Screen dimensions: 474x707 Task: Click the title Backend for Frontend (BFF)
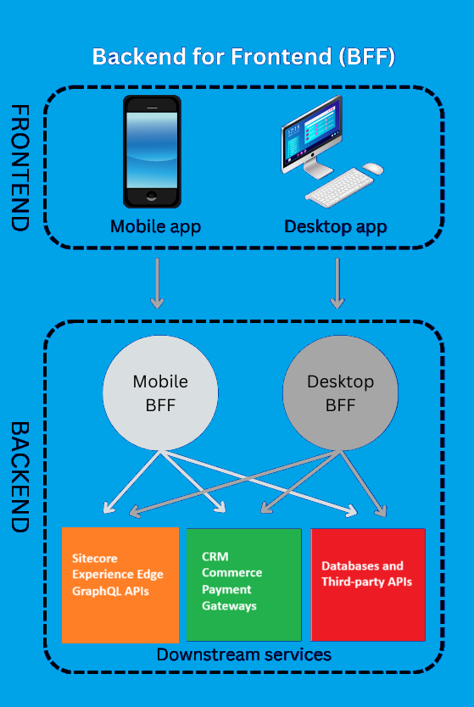243,57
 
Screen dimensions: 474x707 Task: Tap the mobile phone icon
152,152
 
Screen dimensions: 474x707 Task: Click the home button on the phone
152,196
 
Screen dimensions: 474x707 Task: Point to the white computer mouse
373,169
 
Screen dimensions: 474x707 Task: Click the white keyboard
339,187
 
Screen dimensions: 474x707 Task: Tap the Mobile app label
155,227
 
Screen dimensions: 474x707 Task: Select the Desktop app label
336,227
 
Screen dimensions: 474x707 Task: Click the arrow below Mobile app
157,283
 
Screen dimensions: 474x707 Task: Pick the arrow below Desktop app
337,283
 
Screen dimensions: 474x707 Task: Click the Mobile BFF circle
160,392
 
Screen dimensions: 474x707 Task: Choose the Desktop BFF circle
341,392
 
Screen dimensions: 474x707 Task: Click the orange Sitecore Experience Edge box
120,585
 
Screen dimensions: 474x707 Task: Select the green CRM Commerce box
243,585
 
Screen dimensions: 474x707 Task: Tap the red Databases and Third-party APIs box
368,585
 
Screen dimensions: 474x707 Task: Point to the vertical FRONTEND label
20,168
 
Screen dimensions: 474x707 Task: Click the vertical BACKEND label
20,477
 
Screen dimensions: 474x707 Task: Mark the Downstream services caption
244,654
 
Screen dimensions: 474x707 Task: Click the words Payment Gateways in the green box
229,598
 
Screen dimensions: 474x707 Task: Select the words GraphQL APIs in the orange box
110,591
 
